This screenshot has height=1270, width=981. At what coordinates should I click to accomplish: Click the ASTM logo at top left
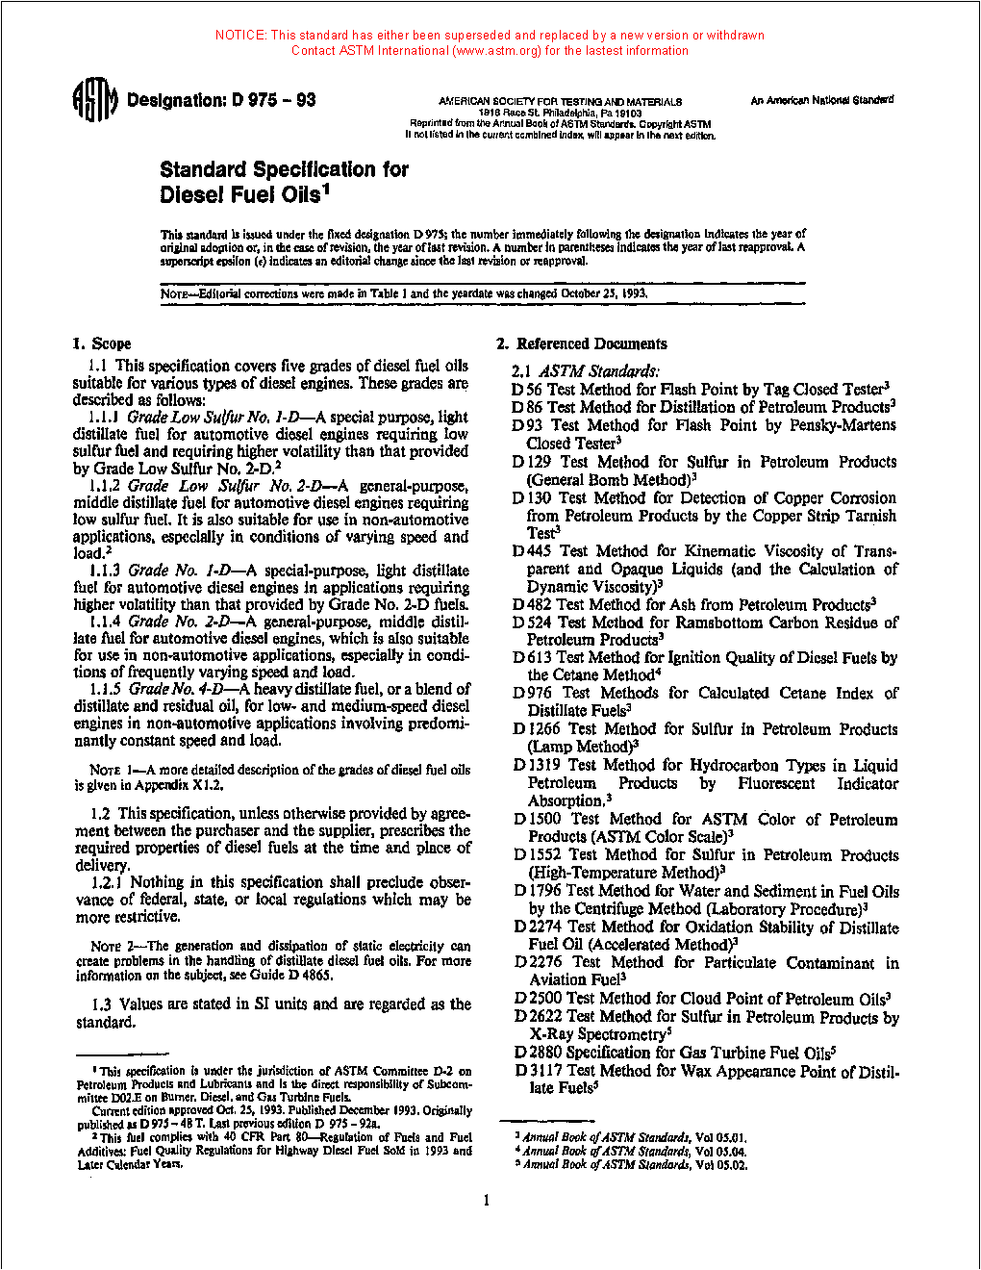[94, 100]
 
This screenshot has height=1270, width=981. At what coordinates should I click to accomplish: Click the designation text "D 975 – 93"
[273, 100]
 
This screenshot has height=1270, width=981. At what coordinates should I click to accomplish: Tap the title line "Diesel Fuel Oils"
[244, 194]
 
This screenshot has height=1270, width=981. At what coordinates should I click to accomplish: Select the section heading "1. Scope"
[102, 343]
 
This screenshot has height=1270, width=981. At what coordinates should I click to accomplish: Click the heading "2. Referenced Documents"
[582, 343]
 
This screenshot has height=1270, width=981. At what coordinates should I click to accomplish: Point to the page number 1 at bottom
[486, 1200]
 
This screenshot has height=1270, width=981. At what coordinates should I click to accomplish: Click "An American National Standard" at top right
[821, 100]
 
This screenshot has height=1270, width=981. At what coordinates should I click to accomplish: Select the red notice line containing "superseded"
[490, 35]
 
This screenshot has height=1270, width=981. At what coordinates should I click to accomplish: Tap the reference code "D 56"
[527, 390]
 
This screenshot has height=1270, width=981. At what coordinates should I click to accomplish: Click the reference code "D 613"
[533, 658]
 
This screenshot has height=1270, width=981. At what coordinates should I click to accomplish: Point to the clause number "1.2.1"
[108, 882]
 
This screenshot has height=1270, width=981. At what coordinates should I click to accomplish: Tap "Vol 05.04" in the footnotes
[720, 1151]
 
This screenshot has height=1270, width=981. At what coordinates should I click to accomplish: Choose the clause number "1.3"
[102, 1004]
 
